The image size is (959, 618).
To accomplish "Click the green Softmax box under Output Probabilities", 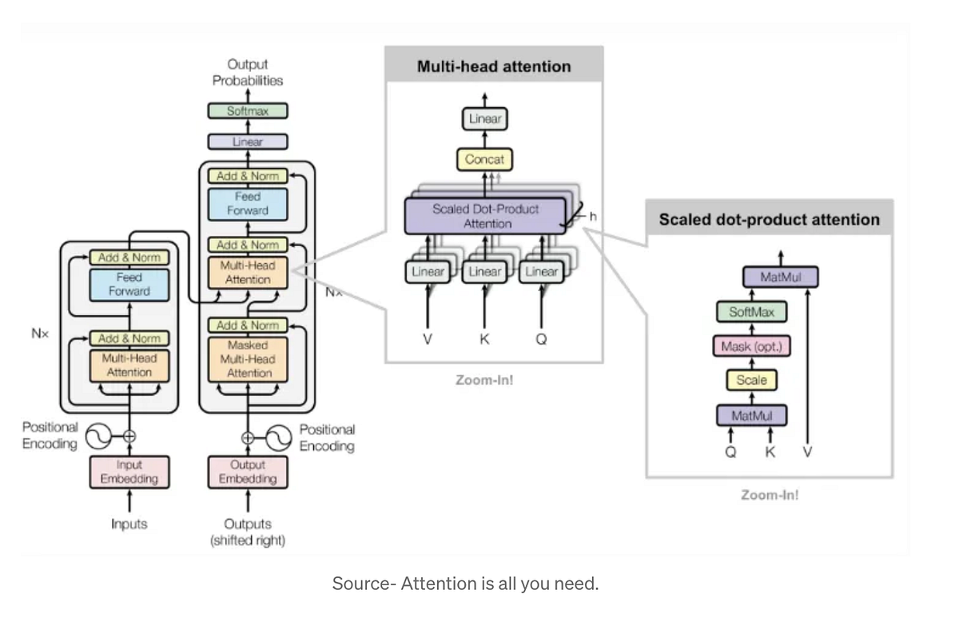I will [248, 111].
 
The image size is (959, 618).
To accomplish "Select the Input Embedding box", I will [129, 472].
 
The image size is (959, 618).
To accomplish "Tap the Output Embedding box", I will [248, 472].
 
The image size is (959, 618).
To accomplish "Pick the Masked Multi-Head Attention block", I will [249, 360].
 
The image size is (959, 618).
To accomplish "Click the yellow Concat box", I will [484, 159].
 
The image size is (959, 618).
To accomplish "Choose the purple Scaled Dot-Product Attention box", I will [485, 217].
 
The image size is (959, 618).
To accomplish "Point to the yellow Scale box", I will [751, 381].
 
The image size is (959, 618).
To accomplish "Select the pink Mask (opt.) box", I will [751, 346].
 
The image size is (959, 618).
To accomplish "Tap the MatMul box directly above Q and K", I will [751, 416].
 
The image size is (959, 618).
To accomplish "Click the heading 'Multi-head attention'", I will [494, 66].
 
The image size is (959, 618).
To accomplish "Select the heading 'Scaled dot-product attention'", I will [769, 219].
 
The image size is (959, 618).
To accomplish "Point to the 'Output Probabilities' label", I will [248, 72].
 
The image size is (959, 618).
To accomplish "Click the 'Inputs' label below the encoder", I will [129, 524].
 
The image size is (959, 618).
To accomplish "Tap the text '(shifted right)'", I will [248, 540].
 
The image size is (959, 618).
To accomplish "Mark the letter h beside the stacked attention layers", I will [593, 216].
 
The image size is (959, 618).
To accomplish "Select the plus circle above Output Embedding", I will [248, 437].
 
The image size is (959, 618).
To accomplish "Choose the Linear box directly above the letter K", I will [484, 272].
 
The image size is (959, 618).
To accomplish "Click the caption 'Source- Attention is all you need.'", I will [465, 584].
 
